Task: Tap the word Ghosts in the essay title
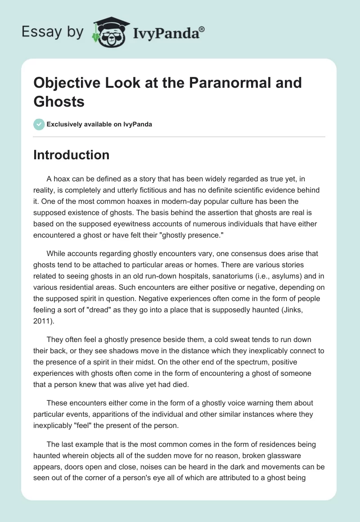click(x=59, y=101)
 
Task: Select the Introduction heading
click(x=71, y=155)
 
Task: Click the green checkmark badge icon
click(x=39, y=124)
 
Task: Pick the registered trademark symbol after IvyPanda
click(x=202, y=30)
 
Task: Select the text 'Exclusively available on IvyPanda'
click(x=99, y=124)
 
